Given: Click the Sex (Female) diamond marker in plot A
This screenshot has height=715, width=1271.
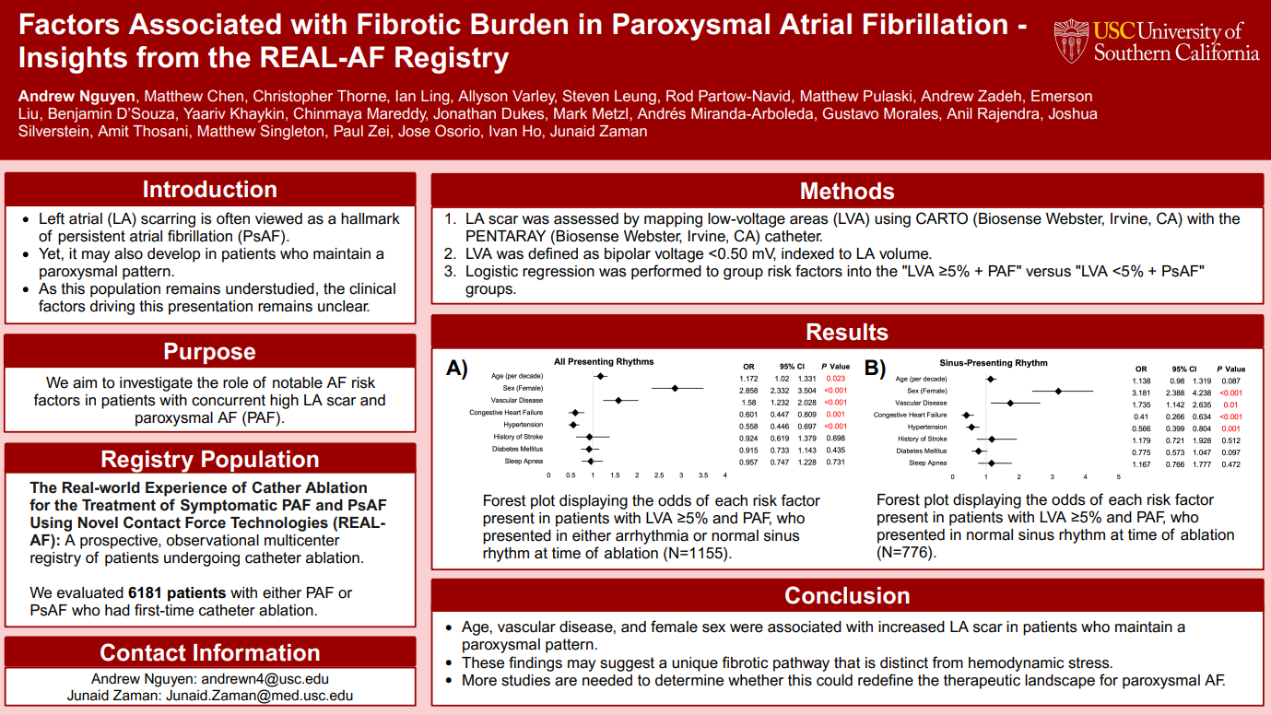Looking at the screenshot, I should (x=675, y=388).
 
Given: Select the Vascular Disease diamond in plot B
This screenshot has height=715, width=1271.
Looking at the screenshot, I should (x=1010, y=403).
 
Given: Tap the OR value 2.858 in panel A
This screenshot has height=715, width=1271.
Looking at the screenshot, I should (x=748, y=390).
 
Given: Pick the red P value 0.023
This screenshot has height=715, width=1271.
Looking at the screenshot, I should (x=835, y=378).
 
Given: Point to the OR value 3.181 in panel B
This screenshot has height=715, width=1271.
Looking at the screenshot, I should (x=1141, y=393).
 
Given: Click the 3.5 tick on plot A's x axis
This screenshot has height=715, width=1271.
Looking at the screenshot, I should (x=703, y=475).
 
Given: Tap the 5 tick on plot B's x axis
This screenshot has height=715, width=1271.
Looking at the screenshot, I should (x=1118, y=477).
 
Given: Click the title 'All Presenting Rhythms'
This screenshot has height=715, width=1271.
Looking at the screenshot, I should (x=604, y=361).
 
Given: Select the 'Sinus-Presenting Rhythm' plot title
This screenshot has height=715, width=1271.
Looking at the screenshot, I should (x=993, y=363).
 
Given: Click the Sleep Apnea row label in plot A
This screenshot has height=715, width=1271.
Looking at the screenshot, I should (x=524, y=461).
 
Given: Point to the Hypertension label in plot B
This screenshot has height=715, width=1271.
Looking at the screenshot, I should (x=927, y=428).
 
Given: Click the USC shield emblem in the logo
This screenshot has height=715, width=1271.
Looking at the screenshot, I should (x=1071, y=41).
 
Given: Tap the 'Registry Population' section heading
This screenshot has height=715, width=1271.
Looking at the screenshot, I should (x=210, y=459).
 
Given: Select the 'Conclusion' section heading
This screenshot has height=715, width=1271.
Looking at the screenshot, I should (x=846, y=595).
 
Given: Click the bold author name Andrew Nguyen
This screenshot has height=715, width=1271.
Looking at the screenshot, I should (x=76, y=96).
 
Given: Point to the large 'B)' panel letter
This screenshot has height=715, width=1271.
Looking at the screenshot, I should (x=876, y=369).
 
